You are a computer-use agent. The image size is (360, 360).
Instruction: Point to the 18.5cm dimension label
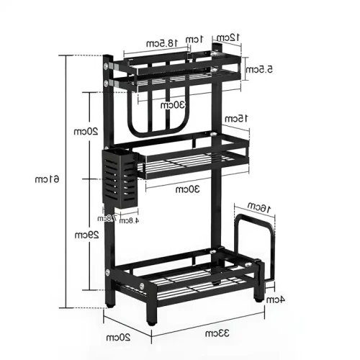point(160,45)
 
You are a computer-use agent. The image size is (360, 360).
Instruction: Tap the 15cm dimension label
point(235,118)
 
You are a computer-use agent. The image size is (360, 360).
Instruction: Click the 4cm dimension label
point(275,299)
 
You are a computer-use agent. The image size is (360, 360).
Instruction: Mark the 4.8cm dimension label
point(128,221)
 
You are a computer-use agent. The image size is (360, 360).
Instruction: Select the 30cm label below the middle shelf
point(189,189)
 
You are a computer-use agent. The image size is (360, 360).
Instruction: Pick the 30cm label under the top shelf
point(173,104)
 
